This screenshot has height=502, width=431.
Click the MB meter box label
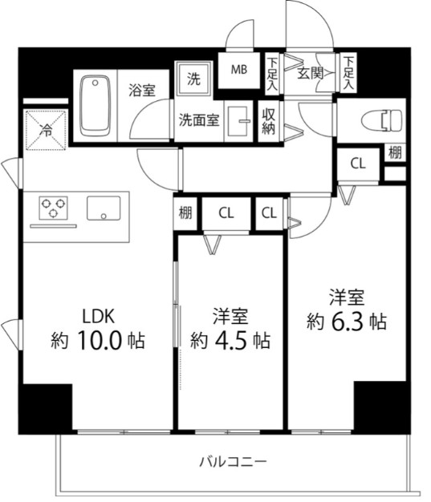coord(239,69)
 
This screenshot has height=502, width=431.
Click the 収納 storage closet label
coord(269,121)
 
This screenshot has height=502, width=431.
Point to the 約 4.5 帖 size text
coord(230,339)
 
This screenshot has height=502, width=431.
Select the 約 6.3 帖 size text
coord(347,322)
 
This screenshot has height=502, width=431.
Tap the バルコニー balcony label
coord(233,462)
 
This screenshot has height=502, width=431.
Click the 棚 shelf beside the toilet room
coord(395,152)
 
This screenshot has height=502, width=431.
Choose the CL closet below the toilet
coord(358,164)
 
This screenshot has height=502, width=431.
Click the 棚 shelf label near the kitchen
coord(185,213)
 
